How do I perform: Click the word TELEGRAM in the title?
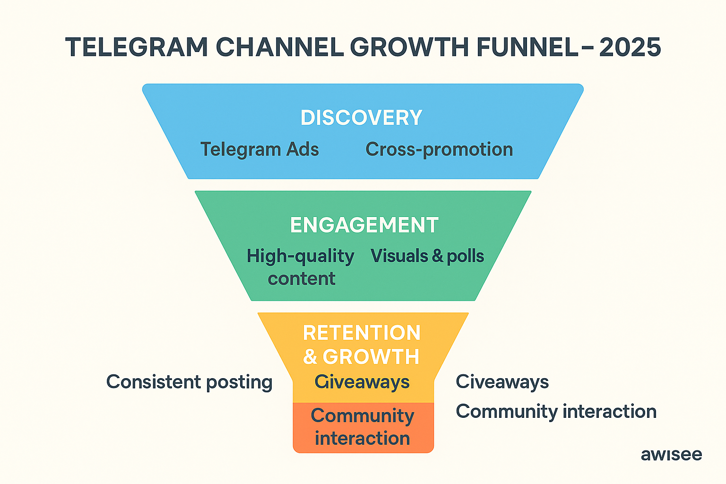click(137, 48)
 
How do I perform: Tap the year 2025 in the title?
click(630, 48)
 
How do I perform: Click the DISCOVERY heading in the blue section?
click(362, 118)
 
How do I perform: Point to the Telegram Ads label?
click(259, 149)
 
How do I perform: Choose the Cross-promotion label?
click(439, 149)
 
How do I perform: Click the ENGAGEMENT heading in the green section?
click(364, 225)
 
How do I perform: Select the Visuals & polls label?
click(427, 256)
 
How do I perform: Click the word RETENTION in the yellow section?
click(362, 333)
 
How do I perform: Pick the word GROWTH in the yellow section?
click(371, 357)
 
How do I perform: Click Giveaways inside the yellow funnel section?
click(362, 382)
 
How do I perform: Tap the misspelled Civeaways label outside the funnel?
click(502, 382)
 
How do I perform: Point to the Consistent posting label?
click(189, 382)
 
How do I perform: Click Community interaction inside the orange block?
click(362, 427)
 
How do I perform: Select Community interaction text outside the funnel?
click(556, 411)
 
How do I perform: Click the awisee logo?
click(671, 455)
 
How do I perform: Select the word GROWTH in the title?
click(409, 48)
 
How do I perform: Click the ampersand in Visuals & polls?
click(438, 256)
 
